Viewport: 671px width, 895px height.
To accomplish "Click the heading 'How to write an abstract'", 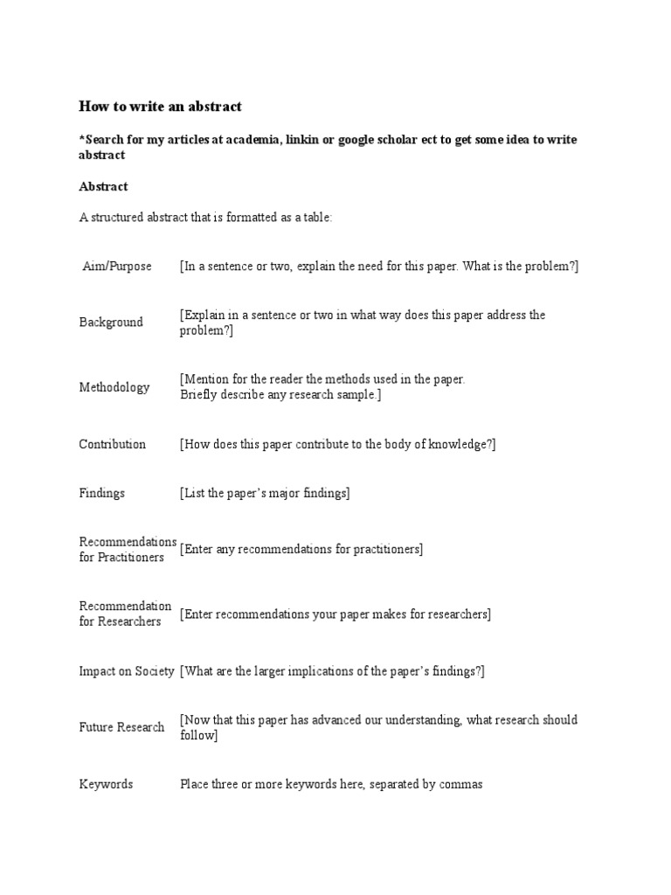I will click(x=160, y=107).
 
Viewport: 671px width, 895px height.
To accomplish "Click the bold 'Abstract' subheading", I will click(x=103, y=186).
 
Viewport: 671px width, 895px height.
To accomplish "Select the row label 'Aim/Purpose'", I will click(x=116, y=266).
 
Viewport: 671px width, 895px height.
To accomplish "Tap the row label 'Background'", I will click(x=111, y=322).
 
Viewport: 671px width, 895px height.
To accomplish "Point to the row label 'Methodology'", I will click(x=114, y=387).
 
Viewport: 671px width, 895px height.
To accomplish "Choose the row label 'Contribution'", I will click(x=113, y=444).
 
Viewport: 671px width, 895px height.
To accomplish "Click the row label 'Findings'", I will click(x=102, y=493).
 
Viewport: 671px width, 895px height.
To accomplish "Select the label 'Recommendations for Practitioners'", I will click(x=128, y=550).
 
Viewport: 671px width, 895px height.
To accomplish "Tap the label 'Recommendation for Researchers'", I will click(x=125, y=614).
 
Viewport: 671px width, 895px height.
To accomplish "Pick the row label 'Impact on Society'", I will click(x=127, y=671).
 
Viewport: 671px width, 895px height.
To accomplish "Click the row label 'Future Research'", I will click(x=121, y=727).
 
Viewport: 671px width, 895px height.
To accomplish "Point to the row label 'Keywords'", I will click(x=106, y=784).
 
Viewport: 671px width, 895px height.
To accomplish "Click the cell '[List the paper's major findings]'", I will click(x=265, y=493).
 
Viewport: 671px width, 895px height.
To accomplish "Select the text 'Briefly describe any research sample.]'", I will click(x=280, y=394).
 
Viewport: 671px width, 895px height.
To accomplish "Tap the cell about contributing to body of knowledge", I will click(x=338, y=444).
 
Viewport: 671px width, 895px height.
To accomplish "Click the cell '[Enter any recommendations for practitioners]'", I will click(x=301, y=549).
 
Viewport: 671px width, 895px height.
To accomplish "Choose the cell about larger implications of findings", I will click(x=332, y=671).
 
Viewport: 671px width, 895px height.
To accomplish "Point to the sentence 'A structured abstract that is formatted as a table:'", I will click(x=205, y=218).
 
